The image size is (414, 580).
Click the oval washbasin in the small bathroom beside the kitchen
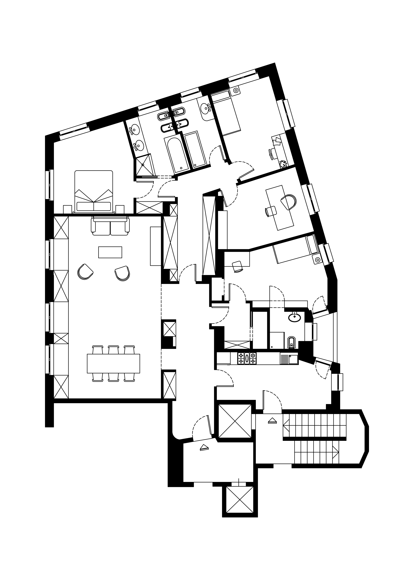tap(295, 317)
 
